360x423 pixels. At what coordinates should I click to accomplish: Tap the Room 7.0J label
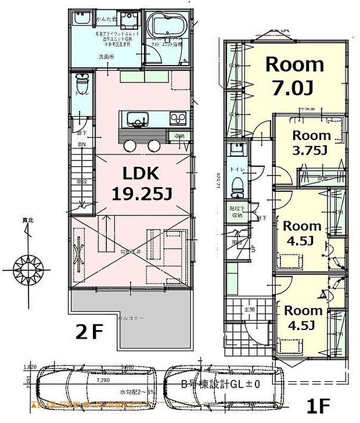point(294,76)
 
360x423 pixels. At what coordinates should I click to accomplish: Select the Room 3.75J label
point(311,142)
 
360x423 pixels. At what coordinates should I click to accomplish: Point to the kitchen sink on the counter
point(138,121)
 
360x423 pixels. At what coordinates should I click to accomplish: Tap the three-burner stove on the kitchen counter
point(177,119)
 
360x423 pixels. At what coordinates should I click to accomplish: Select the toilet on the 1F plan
point(236,185)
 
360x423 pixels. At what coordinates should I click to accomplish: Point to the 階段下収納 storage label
point(235,211)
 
